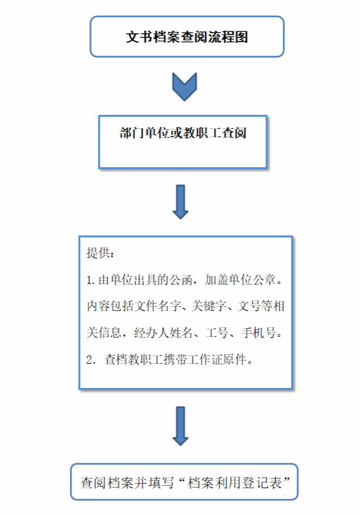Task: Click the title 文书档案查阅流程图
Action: tap(187, 37)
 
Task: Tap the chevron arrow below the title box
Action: tap(184, 87)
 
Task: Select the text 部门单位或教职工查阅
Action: tap(183, 133)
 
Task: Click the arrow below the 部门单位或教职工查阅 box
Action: tap(181, 202)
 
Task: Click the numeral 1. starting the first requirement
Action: tap(91, 280)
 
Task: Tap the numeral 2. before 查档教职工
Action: tap(91, 360)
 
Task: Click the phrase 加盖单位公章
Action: tap(240, 280)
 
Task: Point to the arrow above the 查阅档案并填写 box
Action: tap(181, 426)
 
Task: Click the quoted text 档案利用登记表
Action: tap(235, 483)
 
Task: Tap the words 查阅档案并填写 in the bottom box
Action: tap(127, 483)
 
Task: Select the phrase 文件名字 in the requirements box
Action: tap(158, 306)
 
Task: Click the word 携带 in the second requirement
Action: tap(176, 360)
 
